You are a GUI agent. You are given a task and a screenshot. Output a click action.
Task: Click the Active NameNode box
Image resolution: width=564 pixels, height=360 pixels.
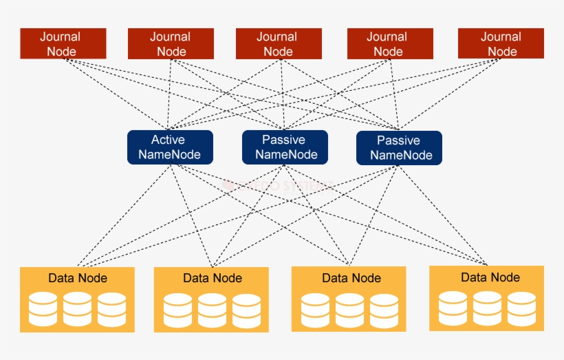coord(170,147)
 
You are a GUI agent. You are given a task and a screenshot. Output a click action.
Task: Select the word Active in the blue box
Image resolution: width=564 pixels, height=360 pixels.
coord(169,140)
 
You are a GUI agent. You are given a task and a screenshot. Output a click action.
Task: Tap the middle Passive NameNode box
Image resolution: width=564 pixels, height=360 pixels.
coord(285,147)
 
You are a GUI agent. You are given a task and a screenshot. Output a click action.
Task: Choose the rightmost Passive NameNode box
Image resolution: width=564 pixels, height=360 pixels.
coord(399,148)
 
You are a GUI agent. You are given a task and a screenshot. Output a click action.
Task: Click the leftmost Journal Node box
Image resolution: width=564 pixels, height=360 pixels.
coord(63,43)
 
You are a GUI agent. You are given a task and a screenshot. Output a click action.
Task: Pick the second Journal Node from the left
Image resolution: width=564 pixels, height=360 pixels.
coord(171,43)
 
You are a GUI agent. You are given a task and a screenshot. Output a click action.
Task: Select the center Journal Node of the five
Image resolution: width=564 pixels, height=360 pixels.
coord(278,43)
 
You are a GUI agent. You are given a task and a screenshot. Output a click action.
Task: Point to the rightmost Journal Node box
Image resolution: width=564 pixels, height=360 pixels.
coord(501,43)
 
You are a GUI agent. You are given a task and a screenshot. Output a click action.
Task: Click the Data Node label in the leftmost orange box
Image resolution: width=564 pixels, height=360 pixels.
coord(77,278)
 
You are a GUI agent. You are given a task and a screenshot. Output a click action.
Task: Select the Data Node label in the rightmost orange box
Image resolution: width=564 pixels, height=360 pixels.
coord(490,277)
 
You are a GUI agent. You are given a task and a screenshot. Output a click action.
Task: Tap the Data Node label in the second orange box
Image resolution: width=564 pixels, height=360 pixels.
coord(213,278)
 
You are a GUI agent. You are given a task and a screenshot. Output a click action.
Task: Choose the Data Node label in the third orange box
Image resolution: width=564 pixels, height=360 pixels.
coord(351,278)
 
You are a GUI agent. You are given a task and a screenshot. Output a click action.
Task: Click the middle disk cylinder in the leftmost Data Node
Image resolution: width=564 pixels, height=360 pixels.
coord(77,309)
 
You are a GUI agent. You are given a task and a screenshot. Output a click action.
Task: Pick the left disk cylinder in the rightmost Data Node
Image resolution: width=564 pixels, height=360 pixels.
coord(453,308)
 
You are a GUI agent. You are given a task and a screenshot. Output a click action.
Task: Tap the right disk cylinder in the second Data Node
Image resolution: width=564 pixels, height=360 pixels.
coord(246,310)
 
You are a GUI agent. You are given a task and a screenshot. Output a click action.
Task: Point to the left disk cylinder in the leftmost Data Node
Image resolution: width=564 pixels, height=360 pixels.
coord(43,309)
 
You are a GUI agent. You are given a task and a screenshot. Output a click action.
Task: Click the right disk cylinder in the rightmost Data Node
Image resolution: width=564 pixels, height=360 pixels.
coord(521,308)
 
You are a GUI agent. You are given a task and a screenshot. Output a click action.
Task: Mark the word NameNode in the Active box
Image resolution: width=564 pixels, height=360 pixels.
coord(169,154)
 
